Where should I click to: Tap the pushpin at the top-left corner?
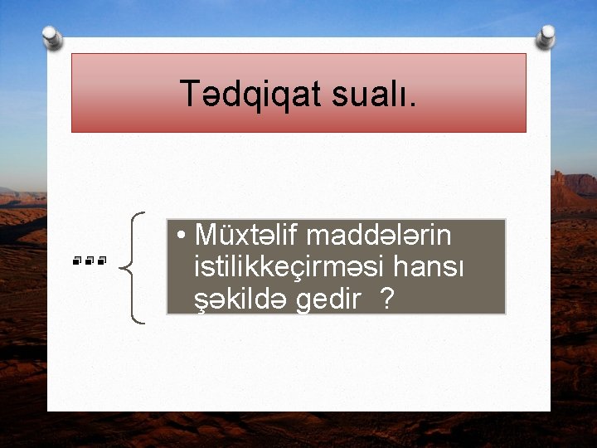pos(51,37)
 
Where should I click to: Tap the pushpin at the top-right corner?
pos(546,37)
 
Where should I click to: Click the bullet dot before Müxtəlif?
pos(180,238)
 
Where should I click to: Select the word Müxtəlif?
pos(240,236)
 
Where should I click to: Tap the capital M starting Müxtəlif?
pos(205,236)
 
